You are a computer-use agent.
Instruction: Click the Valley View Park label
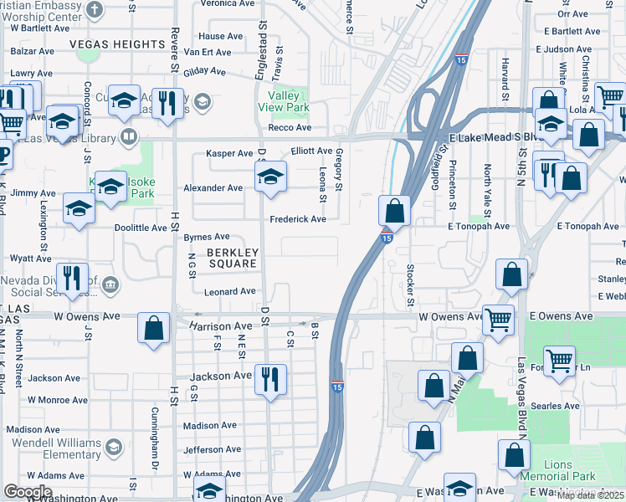coord(284,102)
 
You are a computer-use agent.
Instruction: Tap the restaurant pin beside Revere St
coord(168,104)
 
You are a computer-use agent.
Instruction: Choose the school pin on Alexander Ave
coord(270,177)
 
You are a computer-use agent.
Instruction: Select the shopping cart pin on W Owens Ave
coord(498,319)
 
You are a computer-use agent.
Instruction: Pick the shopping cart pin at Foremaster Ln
coord(558,361)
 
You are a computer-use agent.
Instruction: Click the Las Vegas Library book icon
coord(127,136)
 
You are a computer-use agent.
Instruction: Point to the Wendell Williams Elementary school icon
coord(114,448)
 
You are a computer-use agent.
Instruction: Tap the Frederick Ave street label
coord(297,219)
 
